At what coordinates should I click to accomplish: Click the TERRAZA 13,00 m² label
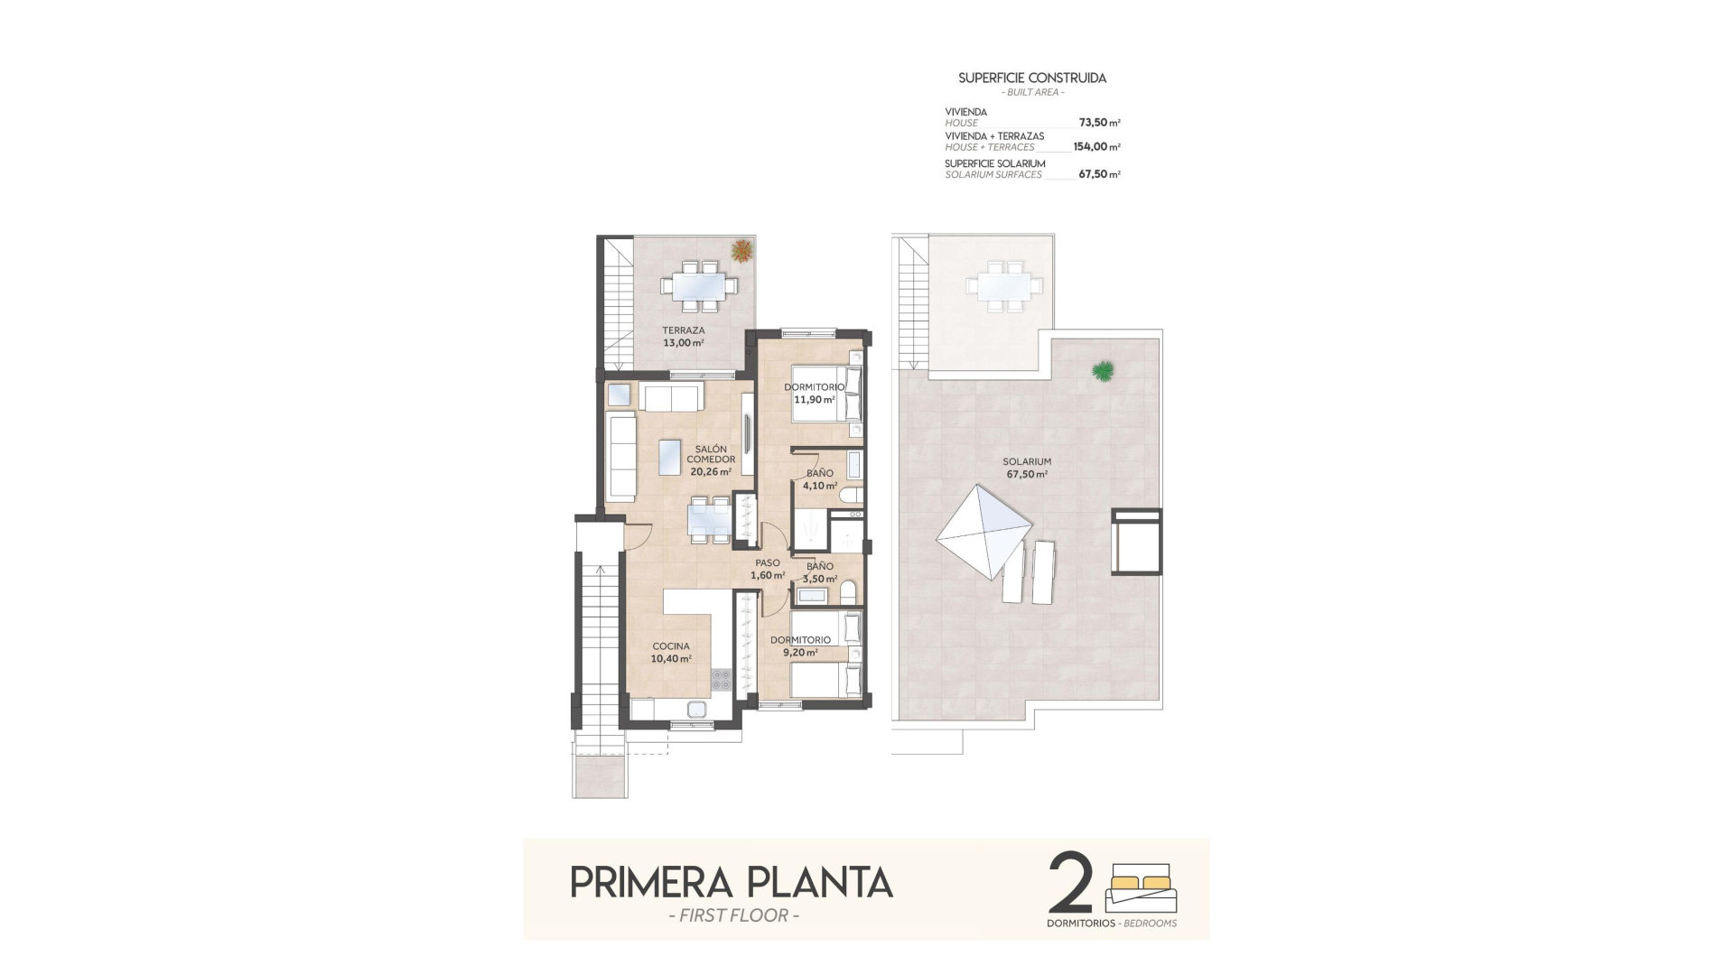pyautogui.click(x=683, y=337)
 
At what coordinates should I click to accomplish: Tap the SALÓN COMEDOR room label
pyautogui.click(x=711, y=460)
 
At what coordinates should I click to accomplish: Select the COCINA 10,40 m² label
pyautogui.click(x=671, y=653)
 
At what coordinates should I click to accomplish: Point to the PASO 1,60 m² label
pyautogui.click(x=768, y=569)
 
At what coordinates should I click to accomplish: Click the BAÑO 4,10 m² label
pyautogui.click(x=820, y=479)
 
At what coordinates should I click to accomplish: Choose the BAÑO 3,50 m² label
pyautogui.click(x=820, y=573)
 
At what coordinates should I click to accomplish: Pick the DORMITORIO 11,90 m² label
pyautogui.click(x=814, y=393)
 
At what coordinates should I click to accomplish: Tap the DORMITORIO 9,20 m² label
pyautogui.click(x=800, y=645)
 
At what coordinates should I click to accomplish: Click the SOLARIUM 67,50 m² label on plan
pyautogui.click(x=1027, y=468)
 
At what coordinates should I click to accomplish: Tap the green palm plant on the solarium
pyautogui.click(x=1102, y=369)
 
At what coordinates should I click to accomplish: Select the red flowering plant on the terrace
pyautogui.click(x=741, y=250)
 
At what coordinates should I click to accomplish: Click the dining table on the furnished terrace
pyautogui.click(x=699, y=286)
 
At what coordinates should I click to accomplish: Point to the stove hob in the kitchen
pyautogui.click(x=721, y=679)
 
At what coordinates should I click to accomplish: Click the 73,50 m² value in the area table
pyautogui.click(x=1099, y=123)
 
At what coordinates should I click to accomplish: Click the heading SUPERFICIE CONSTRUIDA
pyautogui.click(x=1032, y=79)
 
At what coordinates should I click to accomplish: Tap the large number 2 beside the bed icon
pyautogui.click(x=1071, y=884)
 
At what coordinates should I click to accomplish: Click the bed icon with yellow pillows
pyautogui.click(x=1142, y=889)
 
